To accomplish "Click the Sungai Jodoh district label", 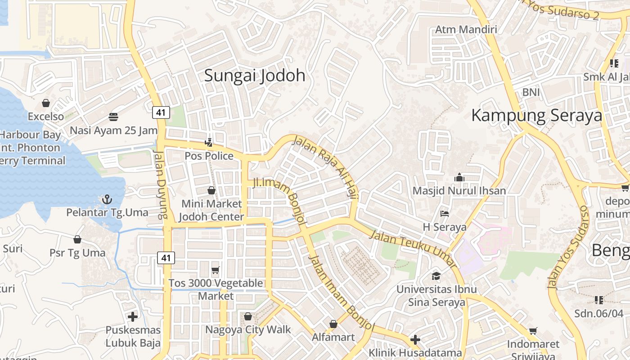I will point(255,76).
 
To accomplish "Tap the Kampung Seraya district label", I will point(536,116).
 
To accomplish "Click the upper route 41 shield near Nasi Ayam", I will point(161,112).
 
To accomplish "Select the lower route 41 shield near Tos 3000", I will point(166,258).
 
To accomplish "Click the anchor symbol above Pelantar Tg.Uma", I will point(107,199).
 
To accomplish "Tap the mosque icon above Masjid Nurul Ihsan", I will point(459,177).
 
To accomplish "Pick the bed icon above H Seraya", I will point(445,214).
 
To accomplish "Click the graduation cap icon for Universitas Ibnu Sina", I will point(436,275).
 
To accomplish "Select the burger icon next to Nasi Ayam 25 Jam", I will point(113,117).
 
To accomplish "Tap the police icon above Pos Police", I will point(209,143).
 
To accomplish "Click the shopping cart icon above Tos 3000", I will point(216,270).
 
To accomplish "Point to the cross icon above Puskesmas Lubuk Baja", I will point(133,317).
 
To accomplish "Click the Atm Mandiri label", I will point(466,30).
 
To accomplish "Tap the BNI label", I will point(531,92).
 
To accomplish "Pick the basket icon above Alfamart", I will point(333,324).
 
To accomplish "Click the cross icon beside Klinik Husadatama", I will point(415,339).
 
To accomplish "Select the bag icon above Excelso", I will point(46,103).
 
